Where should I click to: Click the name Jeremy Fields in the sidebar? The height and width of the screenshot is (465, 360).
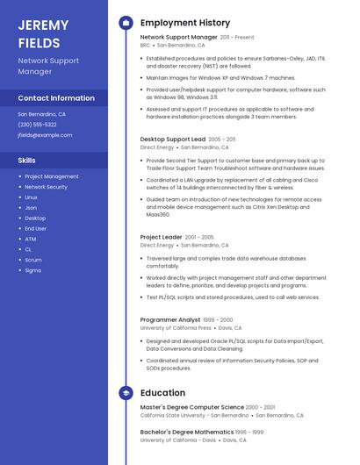click(x=40, y=33)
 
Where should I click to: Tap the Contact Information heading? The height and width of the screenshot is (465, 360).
click(x=56, y=98)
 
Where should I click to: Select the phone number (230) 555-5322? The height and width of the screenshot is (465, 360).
click(x=37, y=125)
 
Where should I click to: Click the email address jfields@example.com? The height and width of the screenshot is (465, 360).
click(x=45, y=135)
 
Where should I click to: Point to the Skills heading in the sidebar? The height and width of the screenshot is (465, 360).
click(x=27, y=161)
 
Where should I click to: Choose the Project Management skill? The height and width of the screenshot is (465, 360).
click(x=51, y=176)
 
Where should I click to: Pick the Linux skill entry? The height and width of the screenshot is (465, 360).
click(x=31, y=197)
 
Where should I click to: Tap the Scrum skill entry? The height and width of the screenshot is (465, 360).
click(x=32, y=260)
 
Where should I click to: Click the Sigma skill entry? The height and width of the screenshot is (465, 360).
click(x=32, y=270)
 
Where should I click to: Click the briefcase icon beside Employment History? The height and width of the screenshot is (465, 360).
click(x=126, y=23)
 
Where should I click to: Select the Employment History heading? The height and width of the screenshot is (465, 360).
click(x=185, y=23)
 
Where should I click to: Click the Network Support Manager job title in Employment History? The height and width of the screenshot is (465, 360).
click(x=178, y=38)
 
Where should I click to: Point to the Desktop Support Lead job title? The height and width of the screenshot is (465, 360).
click(x=173, y=139)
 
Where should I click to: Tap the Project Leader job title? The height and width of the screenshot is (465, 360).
click(x=162, y=237)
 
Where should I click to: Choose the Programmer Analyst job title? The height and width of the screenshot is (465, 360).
click(x=170, y=320)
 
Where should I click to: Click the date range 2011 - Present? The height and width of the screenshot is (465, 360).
click(x=237, y=38)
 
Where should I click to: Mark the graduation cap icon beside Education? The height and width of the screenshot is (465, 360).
click(x=126, y=393)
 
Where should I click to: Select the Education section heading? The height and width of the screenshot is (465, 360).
click(x=162, y=393)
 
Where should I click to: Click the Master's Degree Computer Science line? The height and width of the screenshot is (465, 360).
click(x=192, y=407)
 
